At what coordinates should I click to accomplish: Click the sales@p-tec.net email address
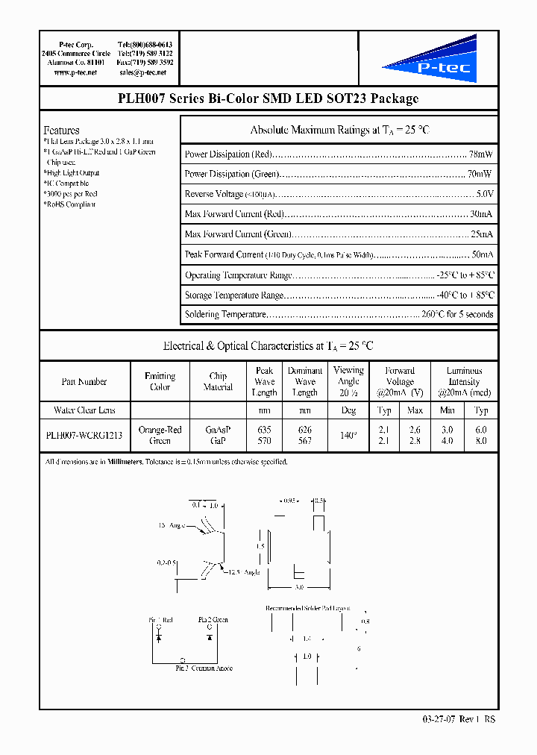tap(145, 73)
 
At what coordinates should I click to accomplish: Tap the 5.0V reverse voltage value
tap(484, 194)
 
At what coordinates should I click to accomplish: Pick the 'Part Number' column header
tap(84, 382)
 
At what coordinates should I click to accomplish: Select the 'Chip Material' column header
tap(218, 382)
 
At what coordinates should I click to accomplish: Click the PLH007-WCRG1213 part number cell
tap(84, 436)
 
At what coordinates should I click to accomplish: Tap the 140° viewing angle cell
tap(348, 436)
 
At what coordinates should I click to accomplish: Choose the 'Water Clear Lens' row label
tap(84, 410)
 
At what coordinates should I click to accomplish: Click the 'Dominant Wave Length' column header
tap(305, 382)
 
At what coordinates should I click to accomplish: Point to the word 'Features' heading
tap(61, 130)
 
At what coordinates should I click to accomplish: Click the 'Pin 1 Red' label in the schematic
tap(162, 620)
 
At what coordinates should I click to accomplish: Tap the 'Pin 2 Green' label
tap(213, 620)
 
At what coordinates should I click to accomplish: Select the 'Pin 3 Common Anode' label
tap(204, 668)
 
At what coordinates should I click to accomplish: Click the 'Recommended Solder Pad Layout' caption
tap(307, 608)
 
